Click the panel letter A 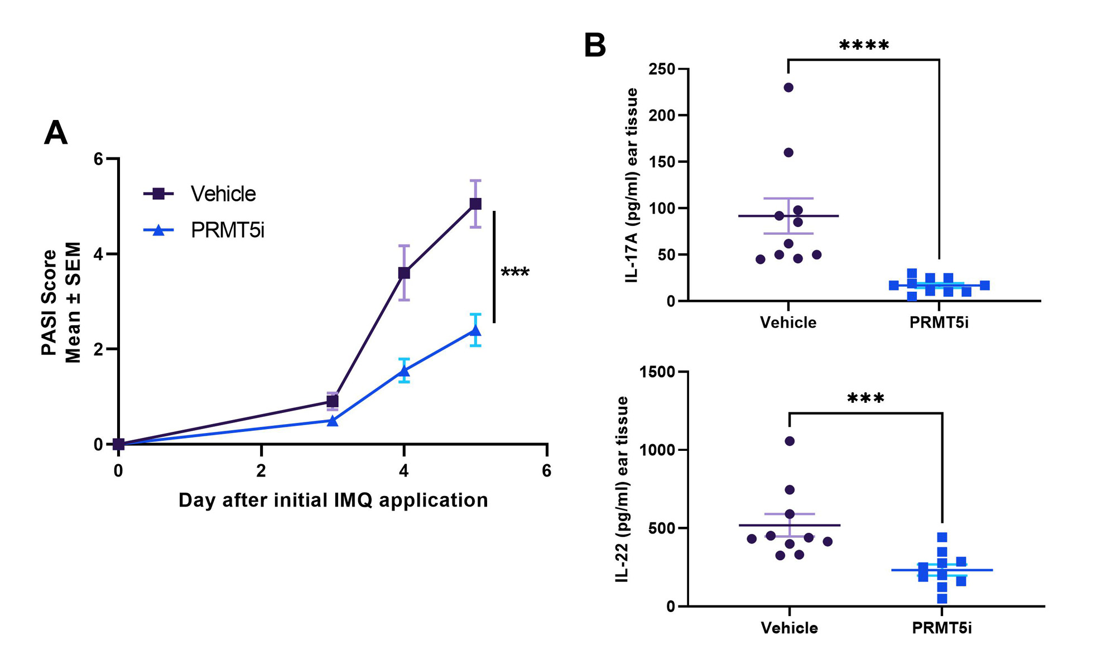click(56, 133)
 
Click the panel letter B click(595, 45)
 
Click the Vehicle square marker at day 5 click(475, 204)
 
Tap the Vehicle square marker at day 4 click(404, 273)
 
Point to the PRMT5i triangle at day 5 click(475, 331)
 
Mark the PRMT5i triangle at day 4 click(404, 371)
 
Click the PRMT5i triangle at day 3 click(333, 421)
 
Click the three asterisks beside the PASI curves click(514, 272)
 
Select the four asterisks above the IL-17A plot click(864, 46)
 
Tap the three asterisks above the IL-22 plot click(865, 399)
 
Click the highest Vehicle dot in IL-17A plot click(788, 88)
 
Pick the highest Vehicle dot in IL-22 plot click(790, 441)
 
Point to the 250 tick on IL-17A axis click(662, 69)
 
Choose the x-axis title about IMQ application click(333, 500)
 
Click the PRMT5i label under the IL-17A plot click(939, 323)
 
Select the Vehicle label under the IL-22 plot click(790, 628)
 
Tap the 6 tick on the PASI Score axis click(99, 159)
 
